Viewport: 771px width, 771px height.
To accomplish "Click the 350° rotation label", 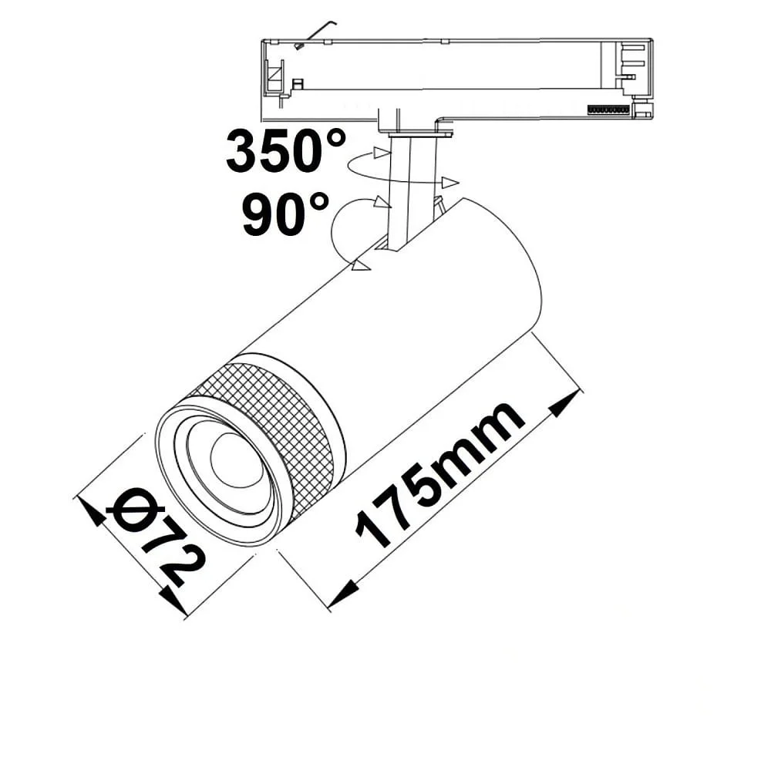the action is coord(286,150).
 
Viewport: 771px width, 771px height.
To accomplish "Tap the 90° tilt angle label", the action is coord(285,214).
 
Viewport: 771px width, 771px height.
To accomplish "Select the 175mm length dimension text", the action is coord(439,474).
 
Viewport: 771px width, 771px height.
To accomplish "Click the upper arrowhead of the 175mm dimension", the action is coord(564,404).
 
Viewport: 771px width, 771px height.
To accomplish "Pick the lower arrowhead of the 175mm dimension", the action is coord(343,592).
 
